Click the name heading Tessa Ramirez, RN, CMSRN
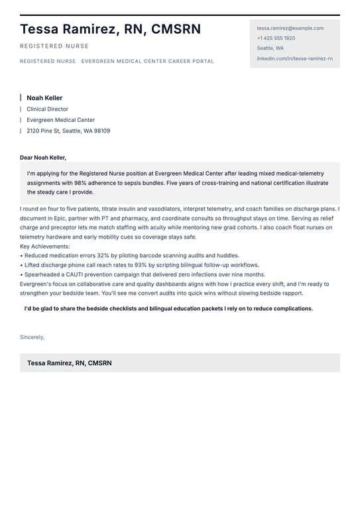(110, 29)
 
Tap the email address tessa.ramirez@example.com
(290, 28)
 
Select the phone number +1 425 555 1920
(276, 38)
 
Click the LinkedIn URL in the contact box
(294, 58)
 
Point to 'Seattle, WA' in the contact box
(270, 48)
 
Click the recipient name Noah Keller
(44, 98)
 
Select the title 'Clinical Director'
(47, 109)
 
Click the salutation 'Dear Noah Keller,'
(43, 158)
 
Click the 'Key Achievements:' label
(45, 247)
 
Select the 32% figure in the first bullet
(103, 256)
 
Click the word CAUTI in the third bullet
(71, 274)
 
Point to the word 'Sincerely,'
(32, 337)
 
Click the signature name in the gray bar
(69, 363)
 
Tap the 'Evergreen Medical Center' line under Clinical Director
(60, 121)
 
